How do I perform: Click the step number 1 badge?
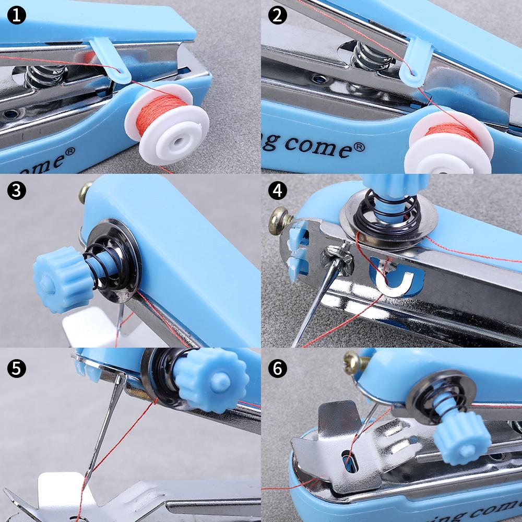click(x=16, y=16)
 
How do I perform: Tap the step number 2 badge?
click(x=277, y=16)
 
